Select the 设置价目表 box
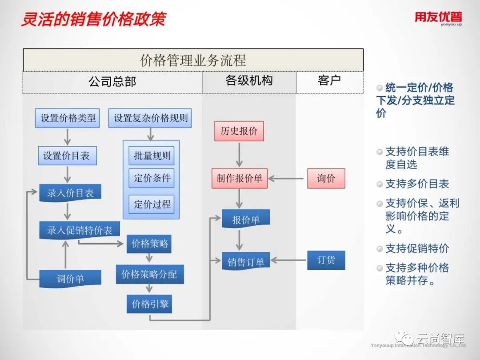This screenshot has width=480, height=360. point(67,156)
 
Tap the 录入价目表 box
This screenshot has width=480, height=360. point(70,193)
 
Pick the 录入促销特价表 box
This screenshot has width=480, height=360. point(80,230)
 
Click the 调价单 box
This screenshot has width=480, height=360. point(70,279)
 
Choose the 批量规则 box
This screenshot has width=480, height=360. point(152,156)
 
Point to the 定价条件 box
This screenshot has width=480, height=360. point(152,178)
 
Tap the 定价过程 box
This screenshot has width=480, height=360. point(152,204)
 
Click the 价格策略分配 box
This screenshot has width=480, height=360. point(149,275)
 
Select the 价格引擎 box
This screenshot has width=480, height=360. point(149,304)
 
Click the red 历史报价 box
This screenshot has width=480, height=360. point(239,131)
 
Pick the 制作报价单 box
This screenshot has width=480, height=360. point(240,179)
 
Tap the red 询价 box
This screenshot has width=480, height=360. point(326,179)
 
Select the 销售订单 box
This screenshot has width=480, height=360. point(246,262)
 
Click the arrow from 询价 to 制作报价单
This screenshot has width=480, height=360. point(288,179)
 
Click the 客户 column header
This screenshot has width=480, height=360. point(329,81)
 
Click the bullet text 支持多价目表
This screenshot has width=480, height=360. point(417,184)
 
